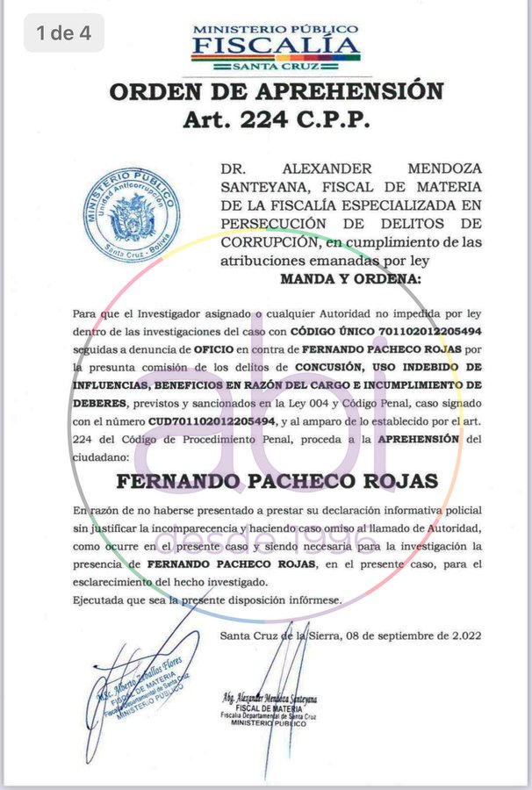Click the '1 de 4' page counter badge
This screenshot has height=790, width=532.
63,33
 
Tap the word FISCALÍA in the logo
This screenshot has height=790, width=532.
277,46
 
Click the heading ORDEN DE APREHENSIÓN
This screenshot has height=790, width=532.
276,91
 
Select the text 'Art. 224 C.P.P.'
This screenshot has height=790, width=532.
276,119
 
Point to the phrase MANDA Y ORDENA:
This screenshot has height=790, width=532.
350,278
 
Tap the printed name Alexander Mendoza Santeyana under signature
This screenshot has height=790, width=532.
270,699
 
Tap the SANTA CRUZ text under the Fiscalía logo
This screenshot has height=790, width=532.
276,66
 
